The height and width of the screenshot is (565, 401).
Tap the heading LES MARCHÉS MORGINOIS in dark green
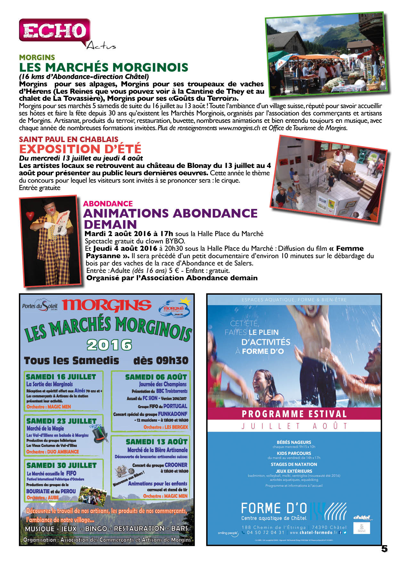point(103,68)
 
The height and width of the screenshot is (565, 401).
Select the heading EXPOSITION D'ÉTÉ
point(80,149)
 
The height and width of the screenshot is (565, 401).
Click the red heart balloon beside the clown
point(30,216)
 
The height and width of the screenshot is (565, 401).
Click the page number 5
point(384,549)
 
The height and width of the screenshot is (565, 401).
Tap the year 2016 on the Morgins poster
point(109,345)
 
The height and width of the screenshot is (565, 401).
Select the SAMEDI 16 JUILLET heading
point(61,377)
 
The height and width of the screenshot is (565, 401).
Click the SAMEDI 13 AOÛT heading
point(156,442)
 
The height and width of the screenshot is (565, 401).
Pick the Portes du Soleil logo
point(40,306)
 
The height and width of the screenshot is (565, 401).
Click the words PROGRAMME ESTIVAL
point(294,414)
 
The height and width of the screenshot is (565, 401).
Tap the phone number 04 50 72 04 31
point(266,533)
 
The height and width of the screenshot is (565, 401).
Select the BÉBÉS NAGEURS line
point(294,442)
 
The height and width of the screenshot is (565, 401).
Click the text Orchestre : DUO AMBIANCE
point(53,452)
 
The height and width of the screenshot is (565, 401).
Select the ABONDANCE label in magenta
point(108,204)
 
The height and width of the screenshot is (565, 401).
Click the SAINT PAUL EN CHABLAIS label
point(69,139)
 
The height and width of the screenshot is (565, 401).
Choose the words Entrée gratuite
point(39,188)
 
